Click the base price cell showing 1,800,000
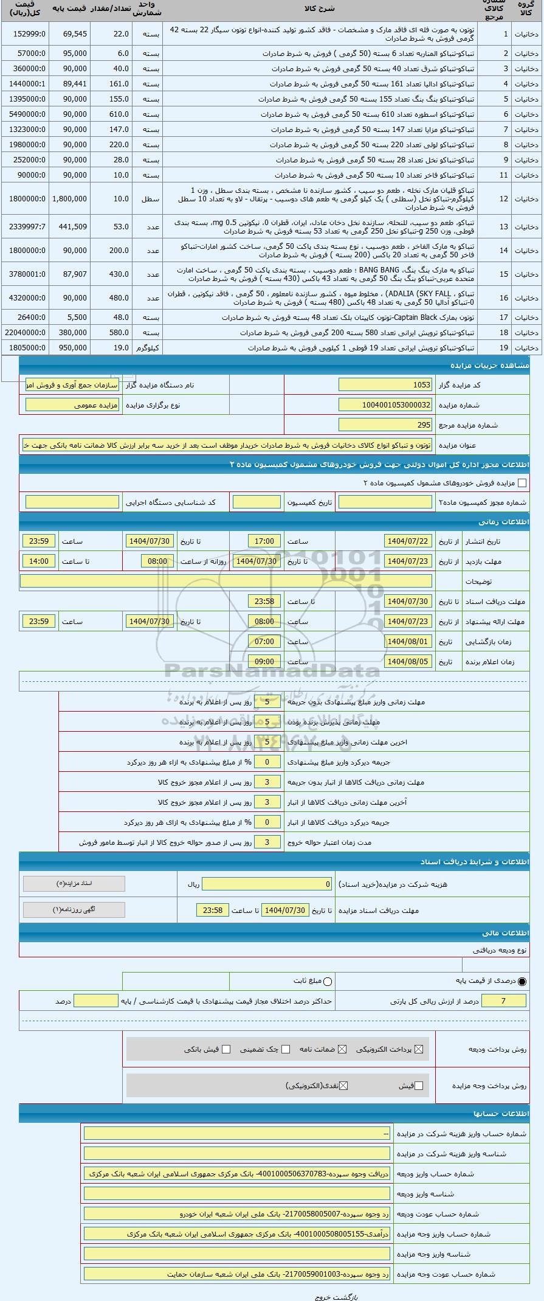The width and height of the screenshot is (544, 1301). pos(69,199)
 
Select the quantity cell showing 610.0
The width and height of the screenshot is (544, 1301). pos(111,114)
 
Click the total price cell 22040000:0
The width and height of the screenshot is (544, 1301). pos(24,333)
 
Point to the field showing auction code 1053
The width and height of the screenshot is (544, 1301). pos(385,384)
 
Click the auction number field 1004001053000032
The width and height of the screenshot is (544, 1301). pos(385,404)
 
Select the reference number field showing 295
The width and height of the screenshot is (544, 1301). pos(385,425)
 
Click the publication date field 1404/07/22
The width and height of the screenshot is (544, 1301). pos(408,541)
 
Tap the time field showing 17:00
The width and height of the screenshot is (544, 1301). pos(264,541)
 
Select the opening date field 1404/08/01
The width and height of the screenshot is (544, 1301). pos(408,641)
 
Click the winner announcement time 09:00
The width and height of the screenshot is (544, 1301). pos(264,661)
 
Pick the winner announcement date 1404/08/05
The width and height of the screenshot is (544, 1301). pos(408,661)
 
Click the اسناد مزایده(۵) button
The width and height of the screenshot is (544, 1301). pos(74,883)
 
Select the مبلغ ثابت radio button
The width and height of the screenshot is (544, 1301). pos(328,980)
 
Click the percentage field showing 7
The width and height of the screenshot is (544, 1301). pos(503,1001)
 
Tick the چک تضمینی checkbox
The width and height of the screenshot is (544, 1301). pos(286,1049)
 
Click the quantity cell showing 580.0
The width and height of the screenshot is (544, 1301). pos(111,333)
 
